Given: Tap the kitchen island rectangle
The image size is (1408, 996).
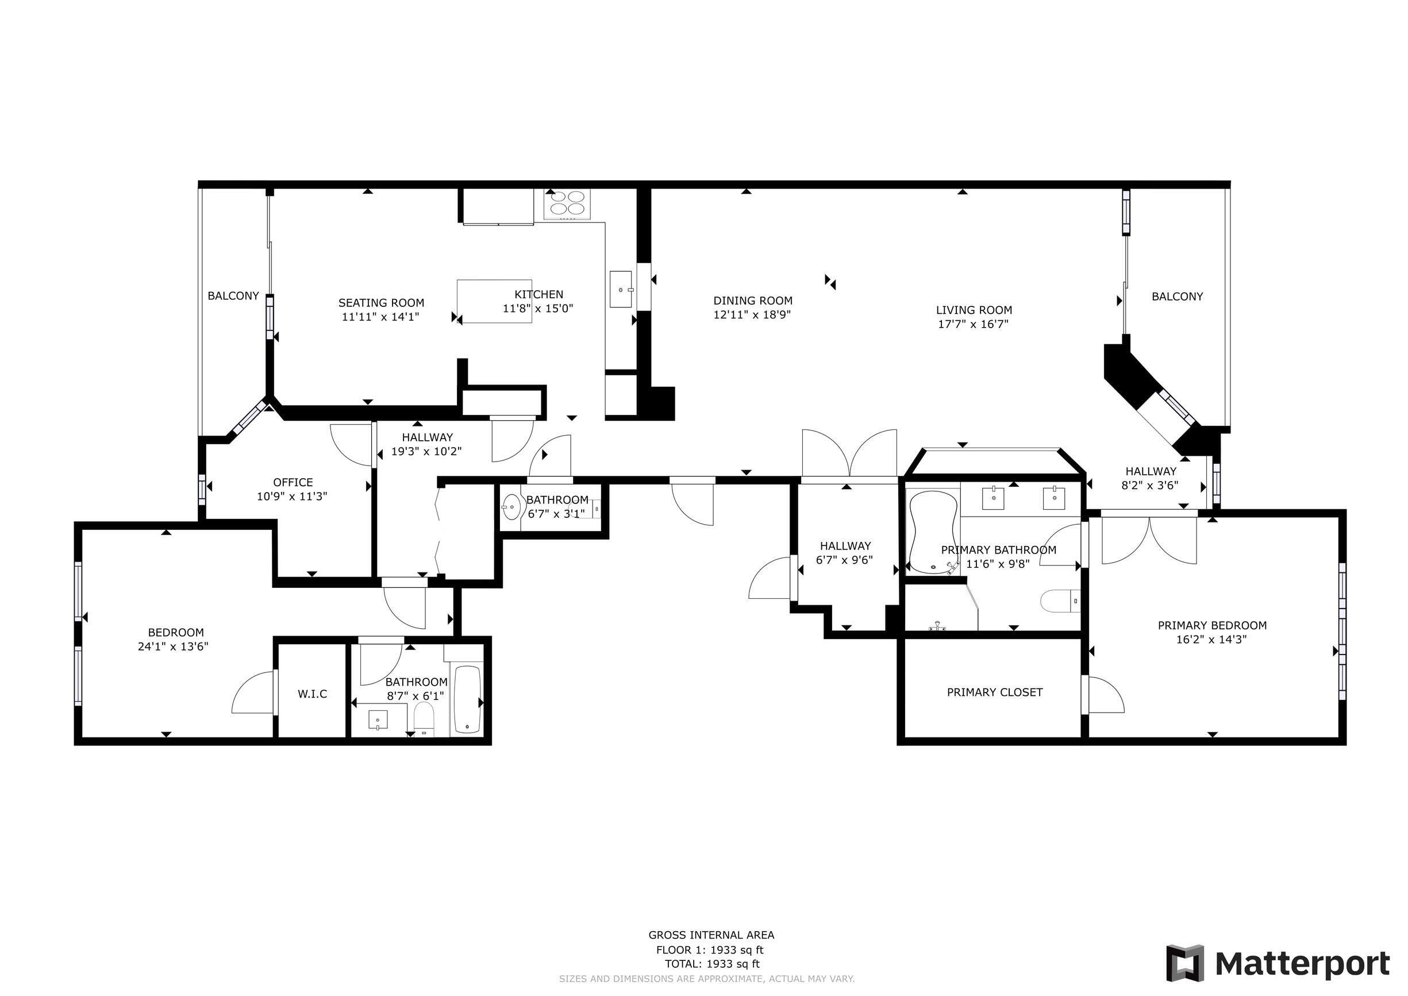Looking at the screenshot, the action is pyautogui.click(x=494, y=301).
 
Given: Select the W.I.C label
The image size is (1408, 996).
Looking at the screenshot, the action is pyautogui.click(x=313, y=694).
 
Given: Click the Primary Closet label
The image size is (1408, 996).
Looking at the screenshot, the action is pyautogui.click(x=995, y=692).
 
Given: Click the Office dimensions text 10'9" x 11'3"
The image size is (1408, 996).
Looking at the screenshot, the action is pyautogui.click(x=292, y=496).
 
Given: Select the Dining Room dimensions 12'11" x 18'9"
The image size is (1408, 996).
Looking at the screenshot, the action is pyautogui.click(x=752, y=314).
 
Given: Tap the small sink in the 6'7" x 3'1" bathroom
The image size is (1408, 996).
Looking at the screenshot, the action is pyautogui.click(x=511, y=507).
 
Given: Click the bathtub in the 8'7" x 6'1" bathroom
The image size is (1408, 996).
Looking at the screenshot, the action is pyautogui.click(x=468, y=700).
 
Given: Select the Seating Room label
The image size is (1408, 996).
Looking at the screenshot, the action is pyautogui.click(x=382, y=302).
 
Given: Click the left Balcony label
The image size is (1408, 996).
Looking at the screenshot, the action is pyautogui.click(x=233, y=295).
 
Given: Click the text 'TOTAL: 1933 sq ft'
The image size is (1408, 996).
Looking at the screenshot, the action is pyautogui.click(x=711, y=963).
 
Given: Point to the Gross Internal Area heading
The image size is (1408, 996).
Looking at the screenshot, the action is pyautogui.click(x=711, y=935).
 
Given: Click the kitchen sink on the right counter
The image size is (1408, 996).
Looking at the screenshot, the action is pyautogui.click(x=622, y=289).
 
